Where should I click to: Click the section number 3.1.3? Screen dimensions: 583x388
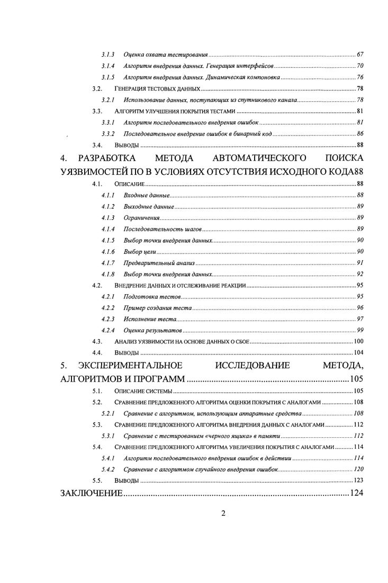point(108,55)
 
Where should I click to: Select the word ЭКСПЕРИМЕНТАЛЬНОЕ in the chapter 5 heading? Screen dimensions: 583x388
point(130,366)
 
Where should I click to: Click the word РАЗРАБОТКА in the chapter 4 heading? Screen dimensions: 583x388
point(107,158)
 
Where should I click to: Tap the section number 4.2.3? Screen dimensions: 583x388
point(108,320)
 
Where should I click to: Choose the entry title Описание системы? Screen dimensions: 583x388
point(143,391)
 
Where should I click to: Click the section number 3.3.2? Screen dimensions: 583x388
point(108,134)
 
